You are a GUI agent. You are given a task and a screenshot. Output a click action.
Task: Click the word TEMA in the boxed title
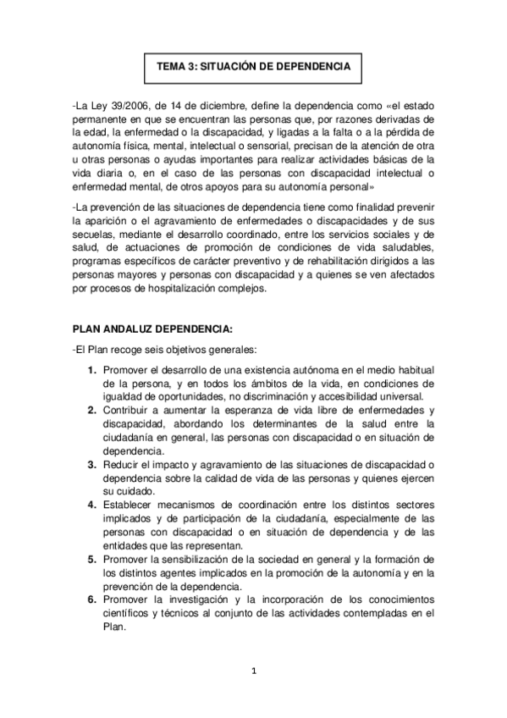tap(172, 65)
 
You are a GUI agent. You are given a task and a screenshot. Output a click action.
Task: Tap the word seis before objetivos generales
tap(159, 351)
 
